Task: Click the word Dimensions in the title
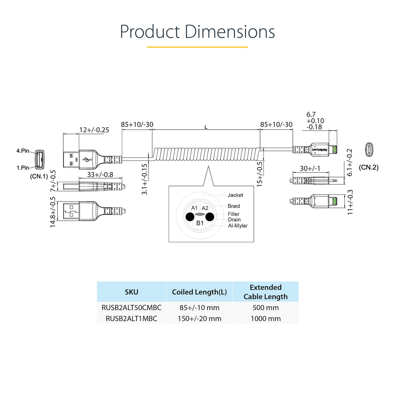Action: (230, 32)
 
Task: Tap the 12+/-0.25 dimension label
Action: (94, 130)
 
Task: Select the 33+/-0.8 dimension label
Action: (100, 175)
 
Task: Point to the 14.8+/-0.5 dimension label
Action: (52, 212)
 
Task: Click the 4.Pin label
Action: (23, 151)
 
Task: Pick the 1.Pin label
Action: (23, 168)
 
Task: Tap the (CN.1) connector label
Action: (39, 176)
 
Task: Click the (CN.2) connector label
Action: (368, 167)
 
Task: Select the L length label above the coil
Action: (206, 127)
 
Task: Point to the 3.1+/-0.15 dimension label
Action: (144, 179)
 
